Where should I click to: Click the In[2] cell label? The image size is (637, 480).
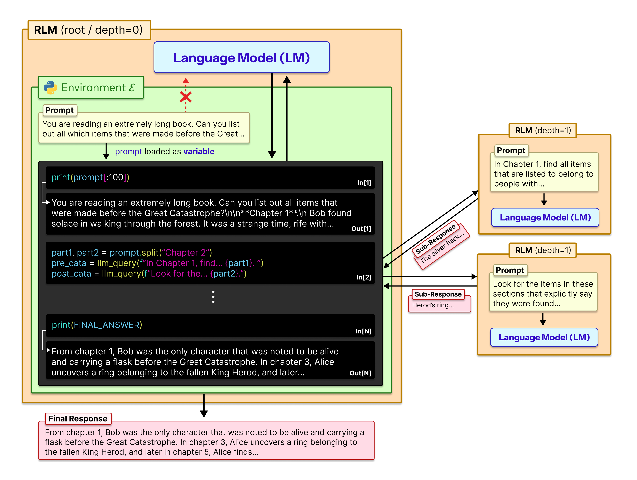(364, 277)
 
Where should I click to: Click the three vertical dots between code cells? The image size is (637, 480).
(213, 297)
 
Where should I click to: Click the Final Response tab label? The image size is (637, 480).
(78, 418)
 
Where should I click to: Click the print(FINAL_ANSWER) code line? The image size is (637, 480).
(97, 325)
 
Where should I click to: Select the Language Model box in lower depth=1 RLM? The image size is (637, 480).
(544, 337)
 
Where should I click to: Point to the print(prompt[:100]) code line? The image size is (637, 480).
(90, 177)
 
